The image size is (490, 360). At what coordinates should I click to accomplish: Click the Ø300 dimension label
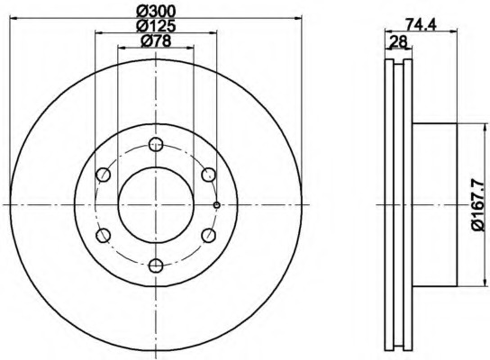click(156, 12)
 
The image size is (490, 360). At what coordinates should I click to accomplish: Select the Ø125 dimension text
click(156, 26)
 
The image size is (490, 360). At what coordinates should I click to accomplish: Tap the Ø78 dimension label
click(156, 40)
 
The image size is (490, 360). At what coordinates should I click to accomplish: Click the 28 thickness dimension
click(399, 41)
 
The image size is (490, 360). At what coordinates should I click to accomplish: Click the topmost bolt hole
click(156, 144)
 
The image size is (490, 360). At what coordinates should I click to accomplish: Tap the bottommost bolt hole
click(156, 265)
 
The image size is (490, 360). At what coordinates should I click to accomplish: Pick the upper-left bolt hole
click(103, 175)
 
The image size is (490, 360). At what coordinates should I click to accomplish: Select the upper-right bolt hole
click(208, 175)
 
